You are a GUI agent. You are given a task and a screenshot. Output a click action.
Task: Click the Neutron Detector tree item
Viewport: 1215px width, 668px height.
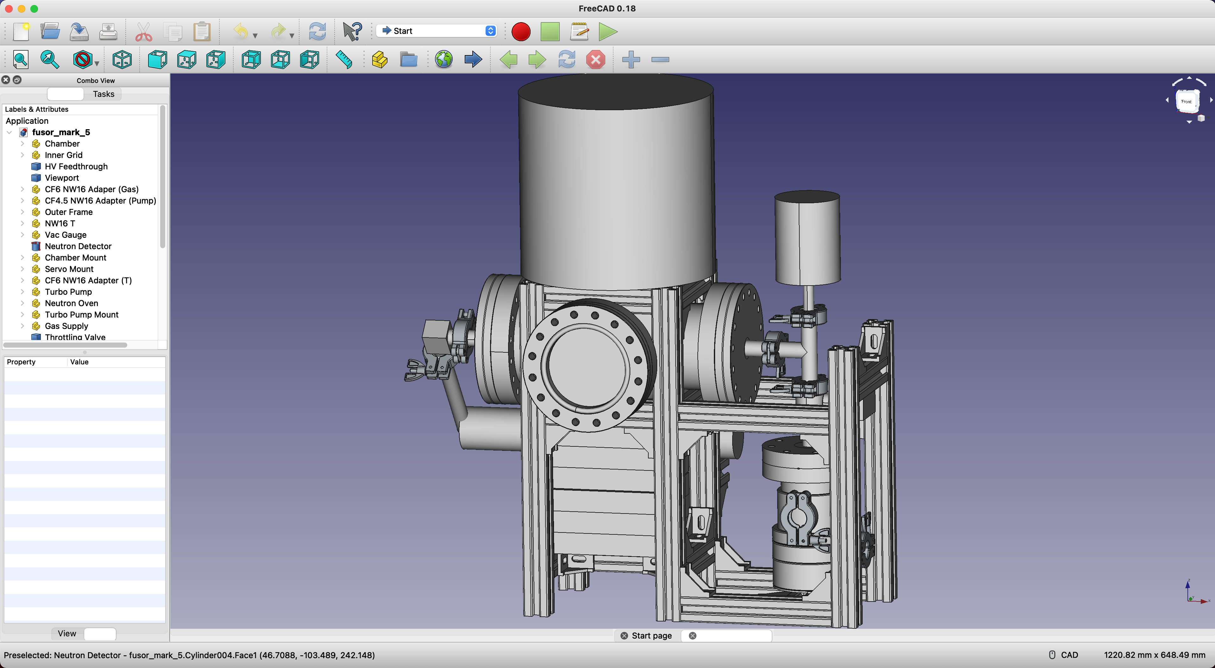click(x=78, y=246)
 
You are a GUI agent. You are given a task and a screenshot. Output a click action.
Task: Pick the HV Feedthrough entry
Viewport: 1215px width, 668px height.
click(x=76, y=167)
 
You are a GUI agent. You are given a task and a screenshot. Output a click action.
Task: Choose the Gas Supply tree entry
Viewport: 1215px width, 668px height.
click(x=66, y=326)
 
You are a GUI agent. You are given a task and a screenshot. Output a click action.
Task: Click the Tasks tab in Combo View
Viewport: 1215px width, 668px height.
click(x=103, y=94)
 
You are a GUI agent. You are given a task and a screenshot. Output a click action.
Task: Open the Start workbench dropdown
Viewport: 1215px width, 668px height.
click(x=436, y=31)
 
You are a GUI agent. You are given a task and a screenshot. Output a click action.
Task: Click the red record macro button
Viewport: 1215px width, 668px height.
click(x=521, y=32)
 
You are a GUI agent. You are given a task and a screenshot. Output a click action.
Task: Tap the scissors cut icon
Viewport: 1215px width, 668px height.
click(x=143, y=32)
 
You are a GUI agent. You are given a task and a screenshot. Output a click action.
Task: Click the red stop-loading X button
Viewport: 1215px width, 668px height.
click(x=595, y=60)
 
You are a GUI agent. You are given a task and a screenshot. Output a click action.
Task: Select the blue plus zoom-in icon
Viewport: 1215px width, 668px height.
click(x=631, y=60)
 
